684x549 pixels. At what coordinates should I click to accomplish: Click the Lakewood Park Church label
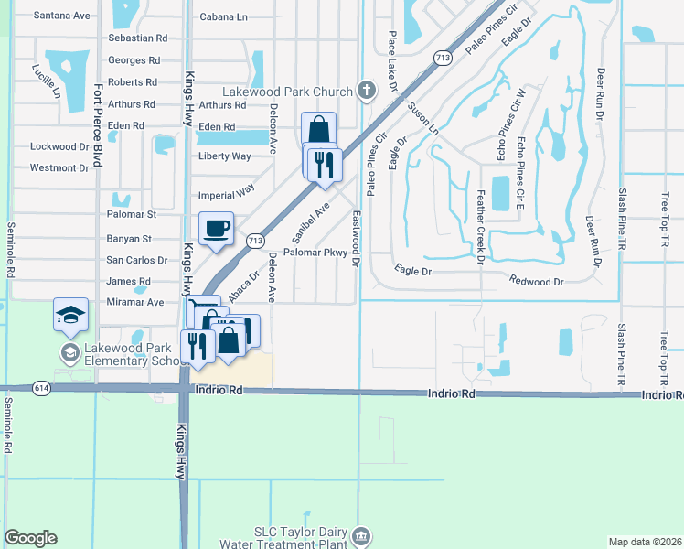click(288, 91)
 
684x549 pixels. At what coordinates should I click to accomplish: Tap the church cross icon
click(366, 90)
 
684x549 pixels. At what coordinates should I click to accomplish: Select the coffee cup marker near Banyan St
click(216, 229)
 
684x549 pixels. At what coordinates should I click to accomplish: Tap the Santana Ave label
click(61, 16)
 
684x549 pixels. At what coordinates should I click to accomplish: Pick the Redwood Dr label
click(537, 282)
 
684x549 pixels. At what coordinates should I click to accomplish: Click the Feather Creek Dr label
click(480, 227)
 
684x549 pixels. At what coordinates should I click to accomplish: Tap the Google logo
click(30, 538)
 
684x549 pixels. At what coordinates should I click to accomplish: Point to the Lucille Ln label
click(47, 81)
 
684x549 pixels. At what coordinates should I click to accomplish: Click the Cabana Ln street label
click(223, 16)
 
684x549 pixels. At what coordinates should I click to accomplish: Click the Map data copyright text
click(645, 542)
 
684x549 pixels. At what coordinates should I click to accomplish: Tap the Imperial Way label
click(226, 195)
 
